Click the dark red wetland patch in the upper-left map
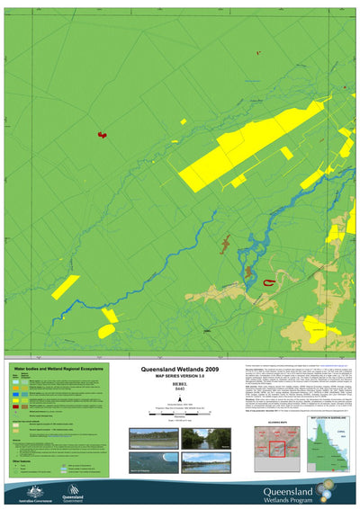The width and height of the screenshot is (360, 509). [x=102, y=136]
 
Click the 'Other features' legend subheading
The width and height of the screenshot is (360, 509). [x=26, y=461]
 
